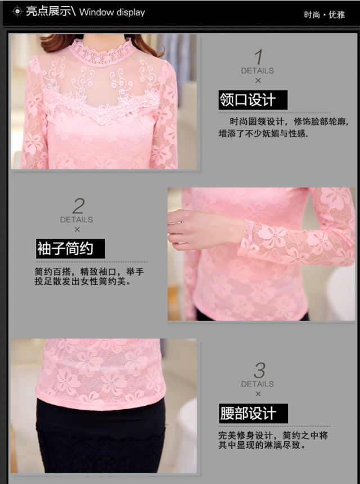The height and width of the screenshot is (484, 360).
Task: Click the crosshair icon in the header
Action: click(17, 12)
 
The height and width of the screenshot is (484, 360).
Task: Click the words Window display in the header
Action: click(112, 12)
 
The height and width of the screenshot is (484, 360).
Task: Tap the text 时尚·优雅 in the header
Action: click(324, 15)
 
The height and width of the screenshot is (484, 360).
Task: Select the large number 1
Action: click(259, 57)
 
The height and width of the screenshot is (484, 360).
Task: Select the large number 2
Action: click(78, 206)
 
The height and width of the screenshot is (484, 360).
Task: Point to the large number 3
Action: click(259, 370)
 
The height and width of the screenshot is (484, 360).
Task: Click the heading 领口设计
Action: click(253, 100)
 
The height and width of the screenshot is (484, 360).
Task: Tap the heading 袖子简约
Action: click(70, 249)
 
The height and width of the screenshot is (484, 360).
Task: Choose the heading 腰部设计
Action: click(253, 413)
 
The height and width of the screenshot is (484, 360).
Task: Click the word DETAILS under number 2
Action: click(76, 220)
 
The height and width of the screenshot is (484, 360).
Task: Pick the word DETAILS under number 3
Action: click(258, 384)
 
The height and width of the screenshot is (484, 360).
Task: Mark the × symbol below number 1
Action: click(258, 80)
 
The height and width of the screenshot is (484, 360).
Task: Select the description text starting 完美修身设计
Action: click(273, 441)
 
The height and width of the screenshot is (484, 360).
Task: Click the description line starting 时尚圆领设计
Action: click(289, 122)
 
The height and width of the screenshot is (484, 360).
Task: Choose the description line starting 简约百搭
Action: click(89, 272)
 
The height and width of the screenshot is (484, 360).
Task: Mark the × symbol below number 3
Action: click(258, 394)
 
